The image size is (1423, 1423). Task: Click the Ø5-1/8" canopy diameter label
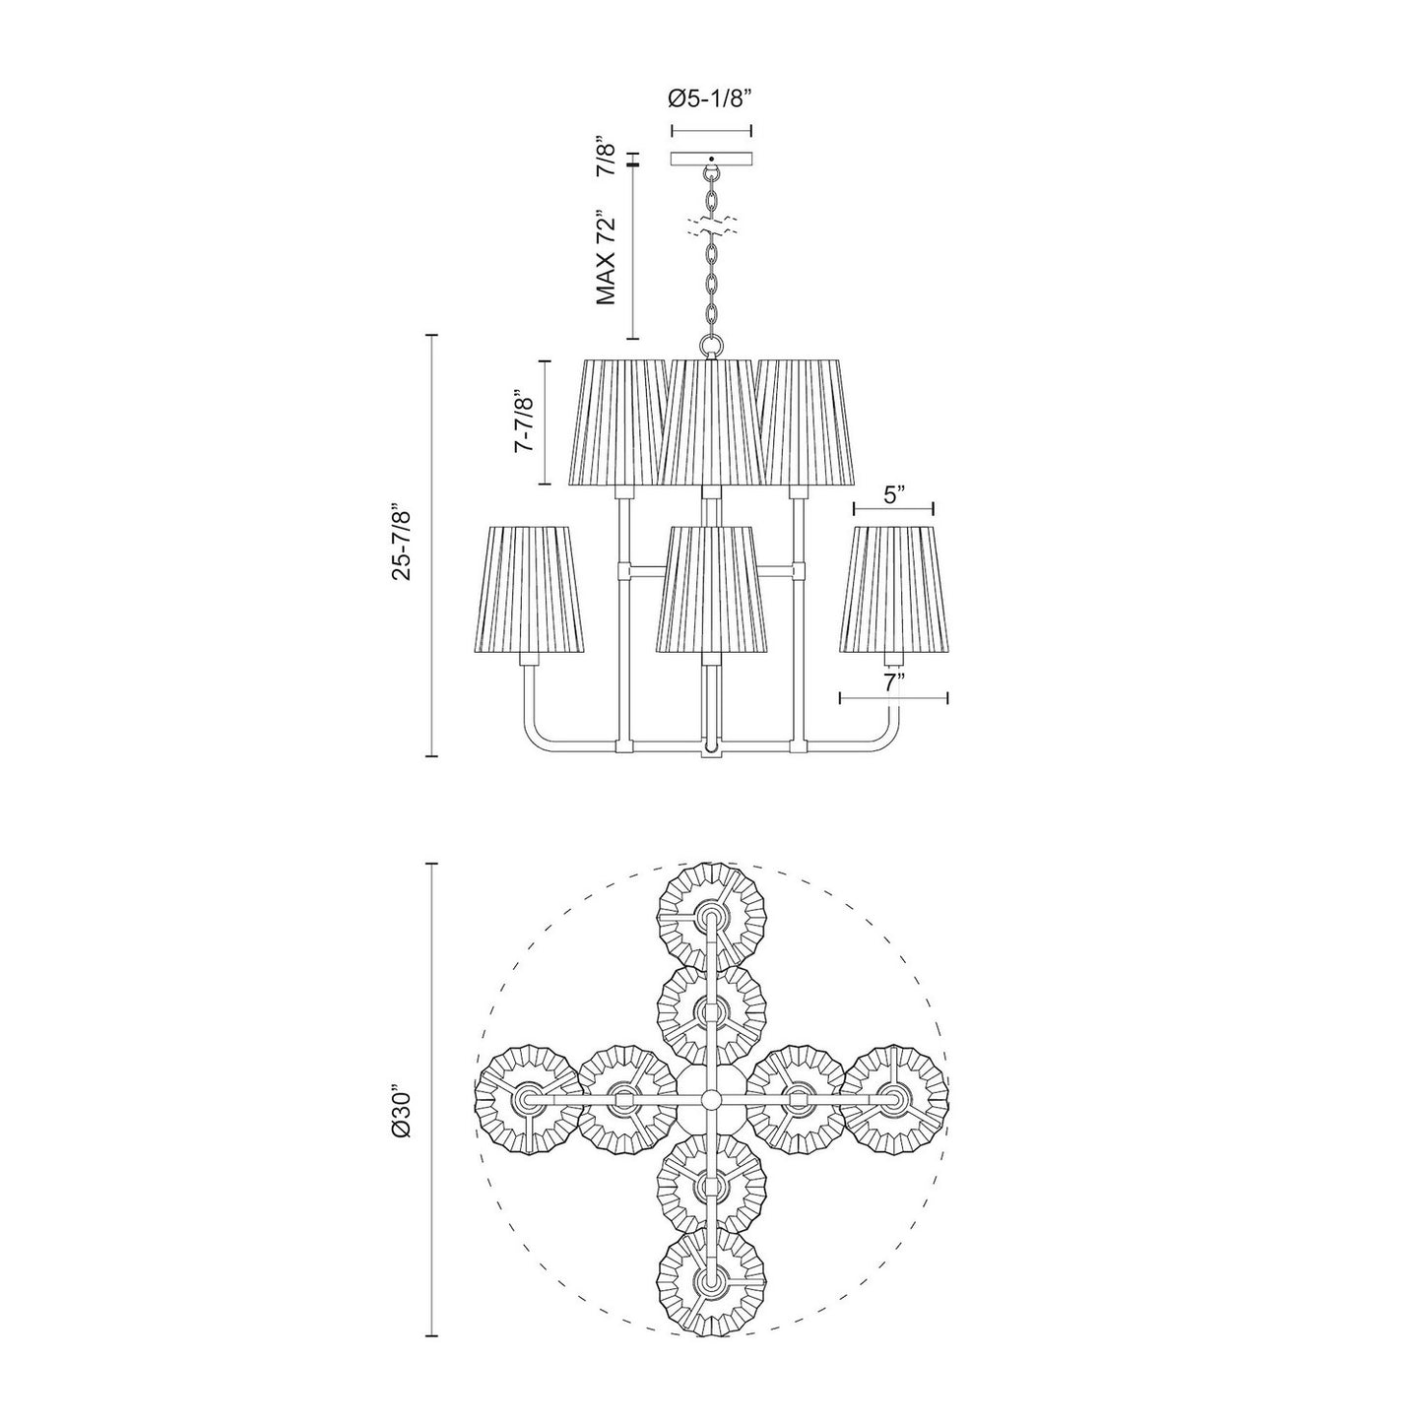[x=710, y=98]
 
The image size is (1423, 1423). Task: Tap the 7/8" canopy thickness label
[x=606, y=155]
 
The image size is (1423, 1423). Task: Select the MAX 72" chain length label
[x=606, y=257]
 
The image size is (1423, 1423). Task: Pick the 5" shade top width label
[x=893, y=494]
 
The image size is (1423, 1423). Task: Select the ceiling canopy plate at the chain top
[x=710, y=159]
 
